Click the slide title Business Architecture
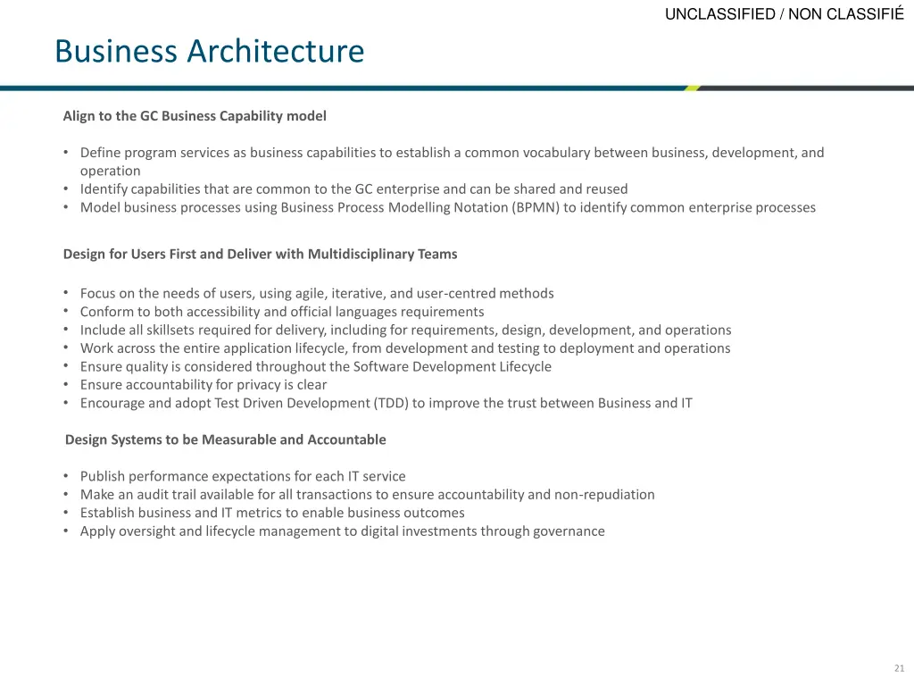[209, 51]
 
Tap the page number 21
[899, 668]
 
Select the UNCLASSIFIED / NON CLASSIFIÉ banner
[785, 13]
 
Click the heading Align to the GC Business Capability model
[195, 116]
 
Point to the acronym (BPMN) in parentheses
[536, 208]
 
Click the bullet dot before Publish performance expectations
[67, 477]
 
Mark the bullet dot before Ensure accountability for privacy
[67, 385]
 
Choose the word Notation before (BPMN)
[482, 208]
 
